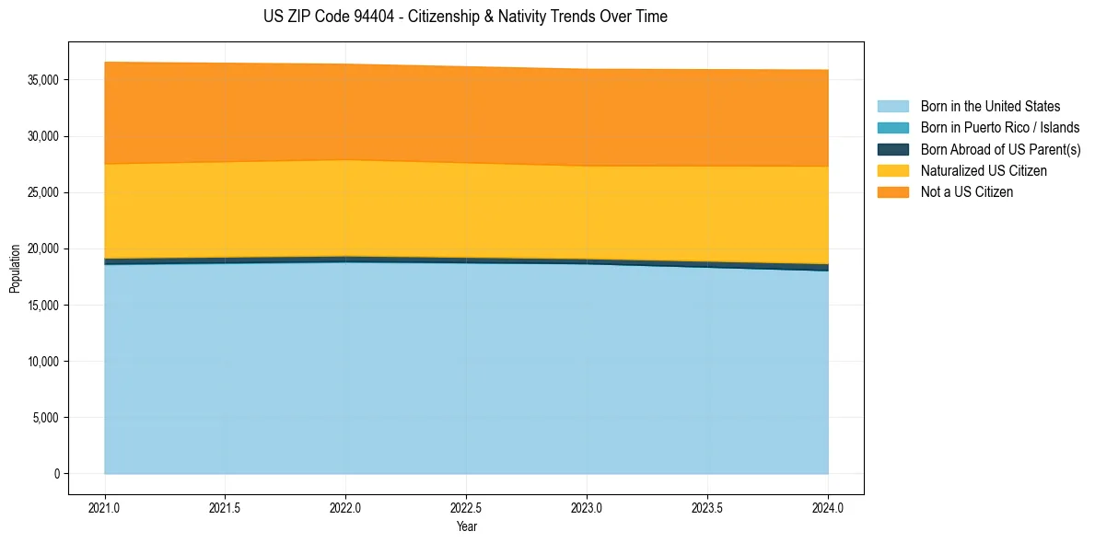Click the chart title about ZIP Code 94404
click(x=465, y=17)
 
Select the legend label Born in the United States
click(x=990, y=107)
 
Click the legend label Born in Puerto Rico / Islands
click(x=999, y=128)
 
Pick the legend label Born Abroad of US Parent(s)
click(x=1000, y=149)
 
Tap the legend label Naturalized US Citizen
click(x=984, y=171)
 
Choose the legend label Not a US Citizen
click(x=966, y=192)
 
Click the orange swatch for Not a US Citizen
click(x=892, y=192)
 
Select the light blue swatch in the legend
click(x=892, y=107)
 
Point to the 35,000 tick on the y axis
click(x=43, y=80)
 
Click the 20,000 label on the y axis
click(x=43, y=248)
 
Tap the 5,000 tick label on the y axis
click(x=46, y=418)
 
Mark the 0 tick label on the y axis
click(x=55, y=474)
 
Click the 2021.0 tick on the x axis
click(x=105, y=507)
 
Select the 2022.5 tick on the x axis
click(x=466, y=507)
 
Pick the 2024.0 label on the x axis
click(x=828, y=507)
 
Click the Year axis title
click(x=466, y=527)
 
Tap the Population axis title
click(x=15, y=269)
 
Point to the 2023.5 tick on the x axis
click(x=707, y=507)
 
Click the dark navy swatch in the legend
click(x=892, y=149)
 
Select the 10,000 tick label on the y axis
click(x=43, y=362)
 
